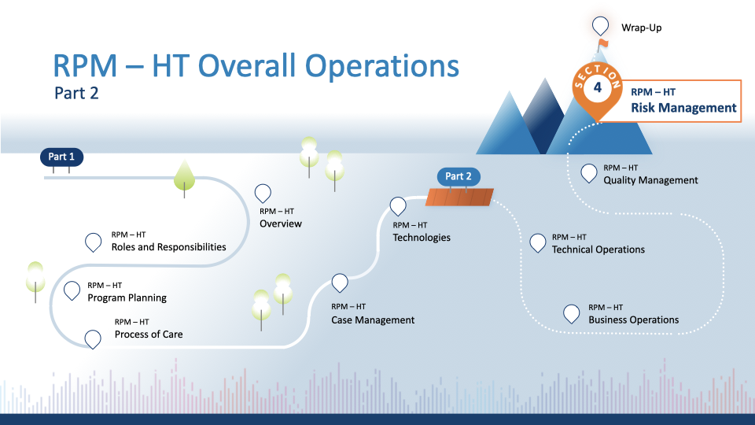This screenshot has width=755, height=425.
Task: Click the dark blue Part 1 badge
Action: coord(61,157)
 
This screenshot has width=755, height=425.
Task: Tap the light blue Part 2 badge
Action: coord(459,176)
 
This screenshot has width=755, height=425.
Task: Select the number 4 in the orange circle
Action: coord(598,87)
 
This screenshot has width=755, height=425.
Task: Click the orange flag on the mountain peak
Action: coord(603,43)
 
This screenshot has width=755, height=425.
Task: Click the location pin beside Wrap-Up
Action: coord(601,25)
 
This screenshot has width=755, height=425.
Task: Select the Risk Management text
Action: coord(683,108)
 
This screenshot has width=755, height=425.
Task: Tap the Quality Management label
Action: coord(650,180)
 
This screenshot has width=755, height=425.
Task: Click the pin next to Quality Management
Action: coord(588,173)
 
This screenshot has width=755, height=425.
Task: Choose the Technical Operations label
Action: coord(598,249)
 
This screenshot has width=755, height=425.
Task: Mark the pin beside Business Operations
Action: coord(573,312)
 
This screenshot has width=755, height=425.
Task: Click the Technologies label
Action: coord(422,237)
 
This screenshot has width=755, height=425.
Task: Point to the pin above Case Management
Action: coord(340,282)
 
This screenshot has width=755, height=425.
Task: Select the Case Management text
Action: coord(372,320)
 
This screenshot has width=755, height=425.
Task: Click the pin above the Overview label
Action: coord(263,193)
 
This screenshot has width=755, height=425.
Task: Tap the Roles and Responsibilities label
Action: coord(168,246)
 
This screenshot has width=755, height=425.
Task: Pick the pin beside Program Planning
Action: coord(72,290)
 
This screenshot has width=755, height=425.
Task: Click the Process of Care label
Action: coord(149,334)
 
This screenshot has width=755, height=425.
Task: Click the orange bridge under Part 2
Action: coord(460,197)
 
